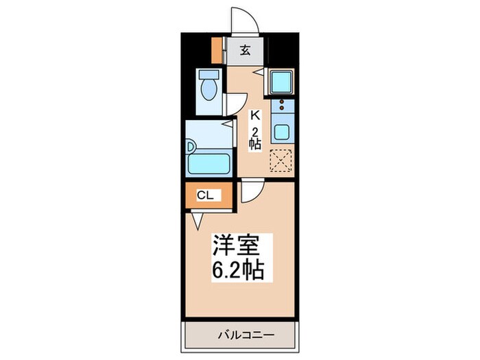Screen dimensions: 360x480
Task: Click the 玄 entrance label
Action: coord(245,50)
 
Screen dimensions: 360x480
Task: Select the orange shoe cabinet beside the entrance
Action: coord(217,49)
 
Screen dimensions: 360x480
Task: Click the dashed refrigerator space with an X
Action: coord(281,160)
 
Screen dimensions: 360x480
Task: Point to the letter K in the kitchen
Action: coord(254,115)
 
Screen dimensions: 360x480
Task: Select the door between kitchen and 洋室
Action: coord(250,191)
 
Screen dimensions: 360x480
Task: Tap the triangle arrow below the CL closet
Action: coord(197,220)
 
